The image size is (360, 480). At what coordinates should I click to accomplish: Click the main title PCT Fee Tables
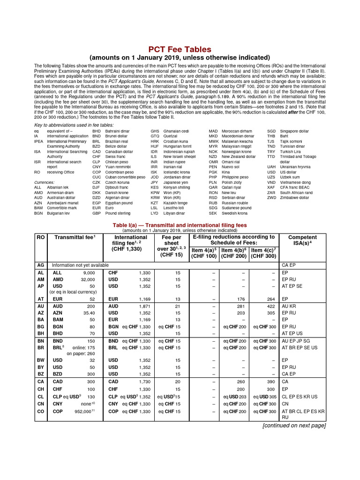[x=180, y=49]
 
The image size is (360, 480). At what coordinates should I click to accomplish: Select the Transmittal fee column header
[x=75, y=237]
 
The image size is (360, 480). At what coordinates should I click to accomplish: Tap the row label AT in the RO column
[x=40, y=299]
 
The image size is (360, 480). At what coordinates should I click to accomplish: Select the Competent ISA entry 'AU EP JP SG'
[x=298, y=341]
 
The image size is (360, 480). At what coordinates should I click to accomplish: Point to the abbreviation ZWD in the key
[x=271, y=198]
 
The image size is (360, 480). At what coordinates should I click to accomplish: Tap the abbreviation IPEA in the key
[x=39, y=141]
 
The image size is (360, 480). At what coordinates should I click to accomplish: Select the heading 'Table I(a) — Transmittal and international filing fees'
[x=180, y=225]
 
